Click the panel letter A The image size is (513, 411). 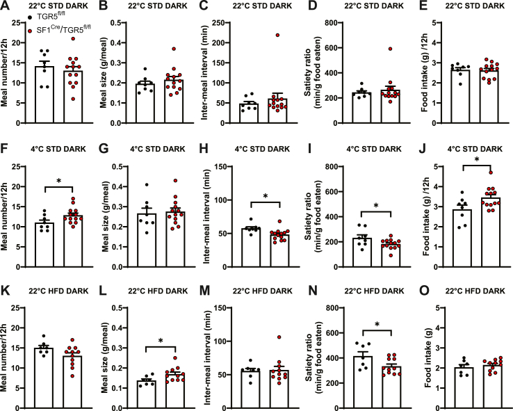pos(6,7)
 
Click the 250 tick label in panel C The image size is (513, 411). pos(225,23)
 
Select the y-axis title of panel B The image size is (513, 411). pos(110,68)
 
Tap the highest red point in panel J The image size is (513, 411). pos(472,171)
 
